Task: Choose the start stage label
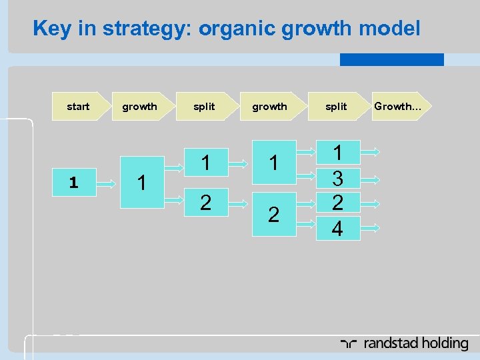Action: click(78, 107)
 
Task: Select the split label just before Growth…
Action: click(336, 107)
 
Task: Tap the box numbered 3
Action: click(337, 177)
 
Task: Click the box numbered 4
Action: click(337, 228)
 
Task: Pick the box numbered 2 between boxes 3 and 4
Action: click(337, 203)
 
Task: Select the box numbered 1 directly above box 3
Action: click(337, 152)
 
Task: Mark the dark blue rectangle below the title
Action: click(391, 60)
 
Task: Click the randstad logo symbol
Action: click(349, 344)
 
